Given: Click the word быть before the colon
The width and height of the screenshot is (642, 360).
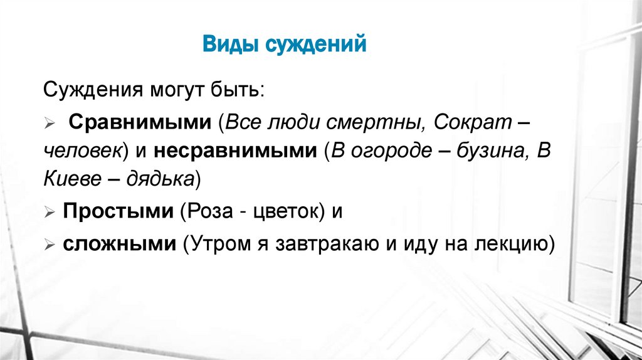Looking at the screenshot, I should click(x=241, y=90).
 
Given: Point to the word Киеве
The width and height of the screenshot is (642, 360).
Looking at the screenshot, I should click(x=67, y=180).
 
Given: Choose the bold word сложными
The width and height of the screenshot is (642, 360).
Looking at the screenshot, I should click(x=118, y=243).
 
